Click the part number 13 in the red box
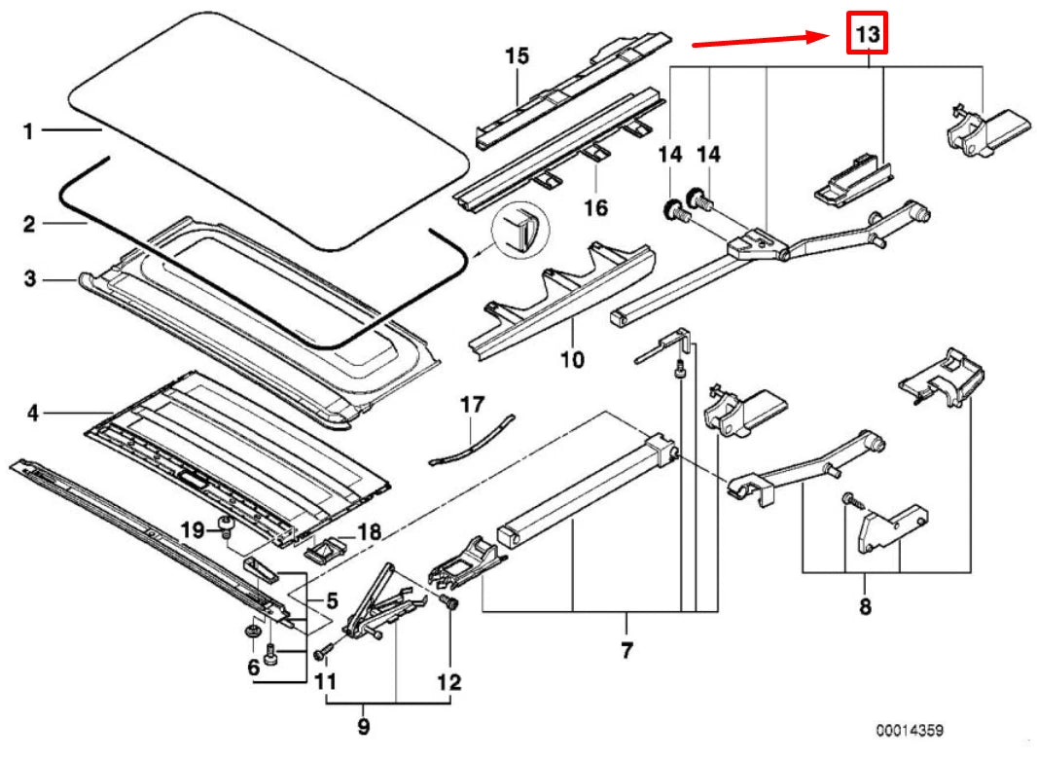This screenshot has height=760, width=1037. [867, 36]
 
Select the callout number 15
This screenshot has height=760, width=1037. [517, 56]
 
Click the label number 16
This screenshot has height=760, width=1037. [595, 207]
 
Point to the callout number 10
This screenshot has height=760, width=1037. [572, 360]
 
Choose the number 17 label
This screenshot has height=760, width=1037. [471, 405]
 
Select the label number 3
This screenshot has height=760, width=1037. [29, 280]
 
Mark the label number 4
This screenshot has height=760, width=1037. [31, 414]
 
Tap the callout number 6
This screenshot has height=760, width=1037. [252, 668]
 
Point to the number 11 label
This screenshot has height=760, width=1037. [326, 680]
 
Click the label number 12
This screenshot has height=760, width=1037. [448, 681]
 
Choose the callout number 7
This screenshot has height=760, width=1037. [626, 648]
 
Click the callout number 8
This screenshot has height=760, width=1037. [865, 608]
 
